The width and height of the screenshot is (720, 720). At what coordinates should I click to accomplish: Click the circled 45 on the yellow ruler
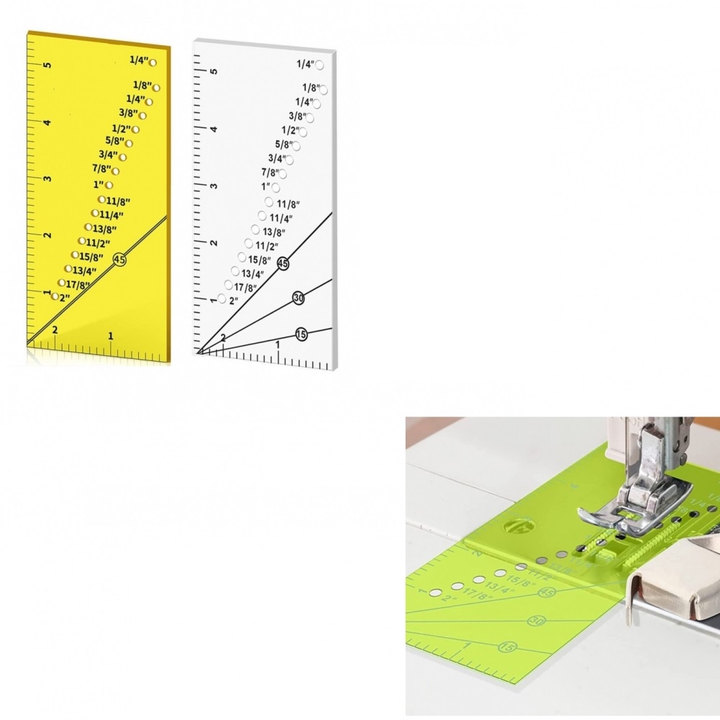119,260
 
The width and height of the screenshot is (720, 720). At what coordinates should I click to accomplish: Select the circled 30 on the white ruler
299,298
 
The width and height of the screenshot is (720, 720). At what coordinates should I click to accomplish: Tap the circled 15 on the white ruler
301,334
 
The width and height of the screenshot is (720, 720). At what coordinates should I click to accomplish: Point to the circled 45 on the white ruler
283,265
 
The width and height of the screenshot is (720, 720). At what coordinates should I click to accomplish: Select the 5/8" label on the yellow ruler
114,141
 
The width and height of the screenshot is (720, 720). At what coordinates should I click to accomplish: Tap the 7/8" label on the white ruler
270,173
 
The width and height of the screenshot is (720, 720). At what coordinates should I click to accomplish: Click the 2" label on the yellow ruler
65,297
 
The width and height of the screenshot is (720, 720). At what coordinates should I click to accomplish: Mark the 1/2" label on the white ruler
290,130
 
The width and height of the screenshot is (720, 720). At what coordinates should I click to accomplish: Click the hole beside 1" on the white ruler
276,187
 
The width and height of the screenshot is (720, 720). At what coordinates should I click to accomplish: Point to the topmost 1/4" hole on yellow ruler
153,63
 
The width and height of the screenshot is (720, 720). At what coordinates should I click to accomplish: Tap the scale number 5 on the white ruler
214,71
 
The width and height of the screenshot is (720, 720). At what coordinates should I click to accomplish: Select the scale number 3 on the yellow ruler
47,179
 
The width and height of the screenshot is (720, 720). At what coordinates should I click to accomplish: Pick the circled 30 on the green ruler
535,621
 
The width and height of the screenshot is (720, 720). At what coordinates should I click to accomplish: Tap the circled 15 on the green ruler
507,648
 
